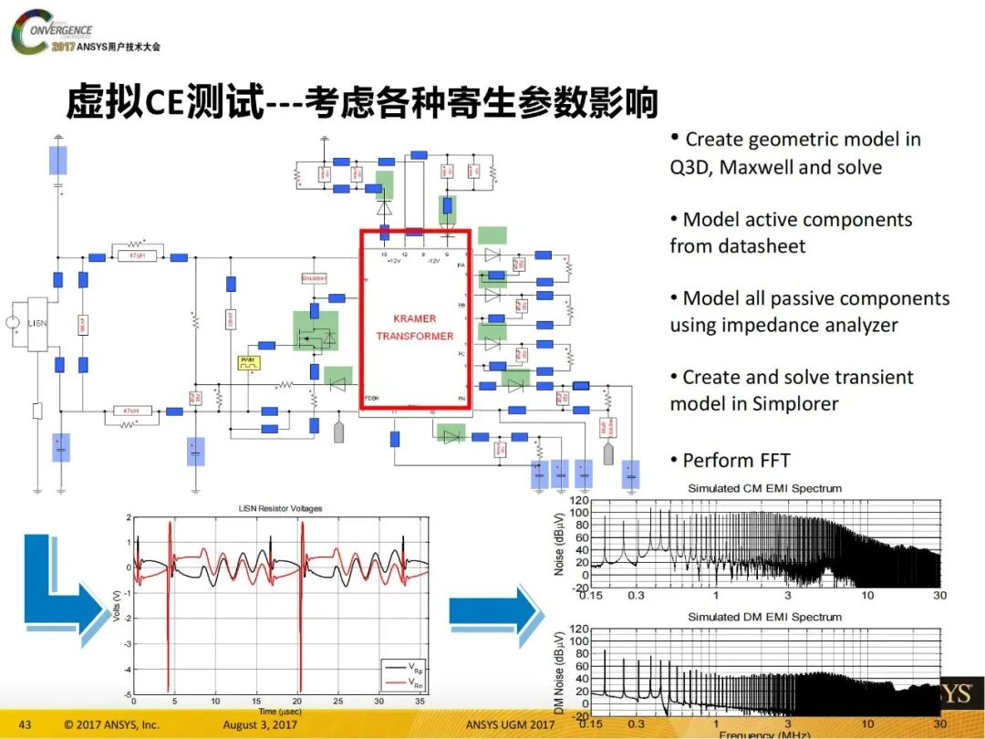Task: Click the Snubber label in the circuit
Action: (313, 277)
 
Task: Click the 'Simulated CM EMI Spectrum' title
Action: (764, 488)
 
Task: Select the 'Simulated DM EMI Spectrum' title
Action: (764, 617)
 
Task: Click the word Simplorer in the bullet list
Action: (795, 403)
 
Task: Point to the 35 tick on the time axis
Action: (416, 702)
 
